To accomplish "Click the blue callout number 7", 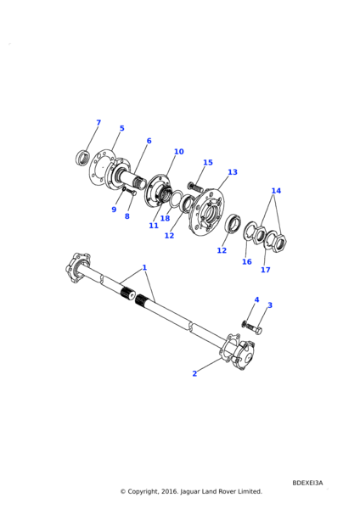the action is [x=98, y=122].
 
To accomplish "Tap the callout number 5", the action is [x=122, y=128].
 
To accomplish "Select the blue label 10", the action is [x=178, y=152].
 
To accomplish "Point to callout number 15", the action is [x=208, y=162].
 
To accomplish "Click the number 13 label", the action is [x=233, y=172].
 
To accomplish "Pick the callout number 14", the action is [x=276, y=191].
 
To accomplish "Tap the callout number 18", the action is [x=165, y=218].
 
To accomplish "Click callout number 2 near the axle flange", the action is [x=194, y=373].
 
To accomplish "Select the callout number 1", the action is [x=144, y=268].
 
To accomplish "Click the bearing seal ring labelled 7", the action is [x=83, y=158].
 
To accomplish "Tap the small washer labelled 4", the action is [x=244, y=323].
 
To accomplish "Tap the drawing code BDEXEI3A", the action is [x=307, y=483].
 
